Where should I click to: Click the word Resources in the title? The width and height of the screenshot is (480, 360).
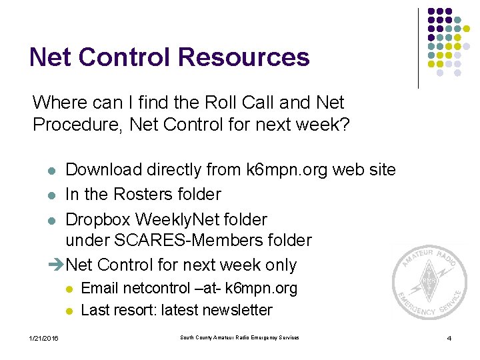(243, 57)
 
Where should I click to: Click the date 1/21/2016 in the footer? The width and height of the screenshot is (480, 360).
(44, 339)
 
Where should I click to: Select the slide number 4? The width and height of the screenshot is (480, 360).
(449, 339)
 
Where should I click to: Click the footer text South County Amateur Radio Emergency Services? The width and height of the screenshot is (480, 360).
(239, 338)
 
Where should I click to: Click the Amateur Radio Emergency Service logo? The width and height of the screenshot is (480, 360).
(429, 280)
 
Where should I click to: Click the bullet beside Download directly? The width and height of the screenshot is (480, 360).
(52, 171)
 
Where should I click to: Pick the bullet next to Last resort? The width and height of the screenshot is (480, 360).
(69, 311)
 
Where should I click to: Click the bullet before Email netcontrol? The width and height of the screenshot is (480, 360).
(69, 289)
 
